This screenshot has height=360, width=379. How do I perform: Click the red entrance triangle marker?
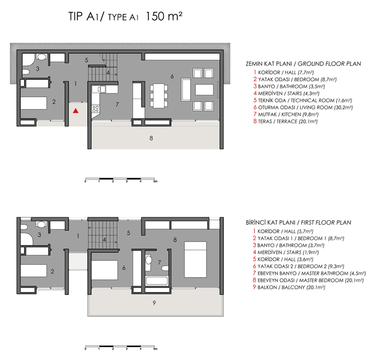[x=75, y=111]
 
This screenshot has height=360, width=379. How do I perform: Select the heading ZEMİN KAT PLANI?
[x=269, y=64]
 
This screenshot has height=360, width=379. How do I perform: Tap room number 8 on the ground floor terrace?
[x=151, y=138]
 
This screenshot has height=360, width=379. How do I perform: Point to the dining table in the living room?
[x=159, y=92]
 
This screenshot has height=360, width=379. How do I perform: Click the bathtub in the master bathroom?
[x=157, y=280]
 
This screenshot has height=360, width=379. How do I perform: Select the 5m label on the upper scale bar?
[x=155, y=182]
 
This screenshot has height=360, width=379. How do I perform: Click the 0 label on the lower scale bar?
[x=85, y=350]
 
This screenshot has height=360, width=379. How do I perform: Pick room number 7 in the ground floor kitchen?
[x=117, y=103]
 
